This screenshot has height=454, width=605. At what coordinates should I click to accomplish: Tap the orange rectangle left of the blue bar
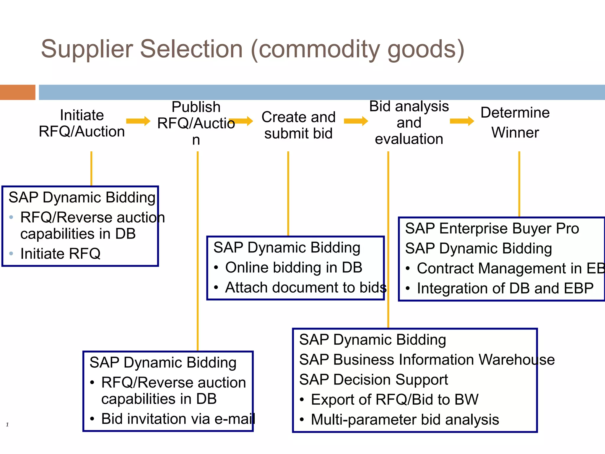click(x=17, y=92)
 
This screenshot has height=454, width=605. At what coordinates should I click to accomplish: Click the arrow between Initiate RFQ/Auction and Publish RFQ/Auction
click(x=138, y=121)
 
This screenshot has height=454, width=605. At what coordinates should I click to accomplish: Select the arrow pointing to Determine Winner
click(x=462, y=121)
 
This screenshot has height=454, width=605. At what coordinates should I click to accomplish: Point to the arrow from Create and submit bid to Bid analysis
click(x=356, y=121)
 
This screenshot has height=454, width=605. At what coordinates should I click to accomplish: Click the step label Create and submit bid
click(x=298, y=125)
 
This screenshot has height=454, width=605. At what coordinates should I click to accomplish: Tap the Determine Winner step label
click(x=515, y=122)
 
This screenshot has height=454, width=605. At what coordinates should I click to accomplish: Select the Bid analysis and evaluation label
click(x=409, y=123)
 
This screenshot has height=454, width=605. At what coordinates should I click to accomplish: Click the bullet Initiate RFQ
click(x=60, y=254)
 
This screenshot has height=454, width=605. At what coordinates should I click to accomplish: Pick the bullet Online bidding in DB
click(x=293, y=267)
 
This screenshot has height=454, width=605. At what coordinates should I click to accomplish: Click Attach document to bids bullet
click(x=305, y=287)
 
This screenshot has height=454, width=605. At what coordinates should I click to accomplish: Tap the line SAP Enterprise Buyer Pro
click(x=492, y=228)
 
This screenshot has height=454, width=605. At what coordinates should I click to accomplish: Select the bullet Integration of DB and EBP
click(x=505, y=288)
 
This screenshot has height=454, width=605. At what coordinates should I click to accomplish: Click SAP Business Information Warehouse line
click(x=427, y=360)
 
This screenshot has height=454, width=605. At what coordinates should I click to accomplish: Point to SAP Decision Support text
click(x=373, y=380)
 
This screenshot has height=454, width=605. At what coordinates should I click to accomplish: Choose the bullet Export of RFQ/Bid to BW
click(x=394, y=400)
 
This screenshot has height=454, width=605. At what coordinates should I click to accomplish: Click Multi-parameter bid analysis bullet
click(x=405, y=419)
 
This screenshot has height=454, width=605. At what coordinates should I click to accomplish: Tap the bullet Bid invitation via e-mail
click(x=178, y=419)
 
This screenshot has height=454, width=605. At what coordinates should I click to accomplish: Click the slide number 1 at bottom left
click(x=7, y=425)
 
